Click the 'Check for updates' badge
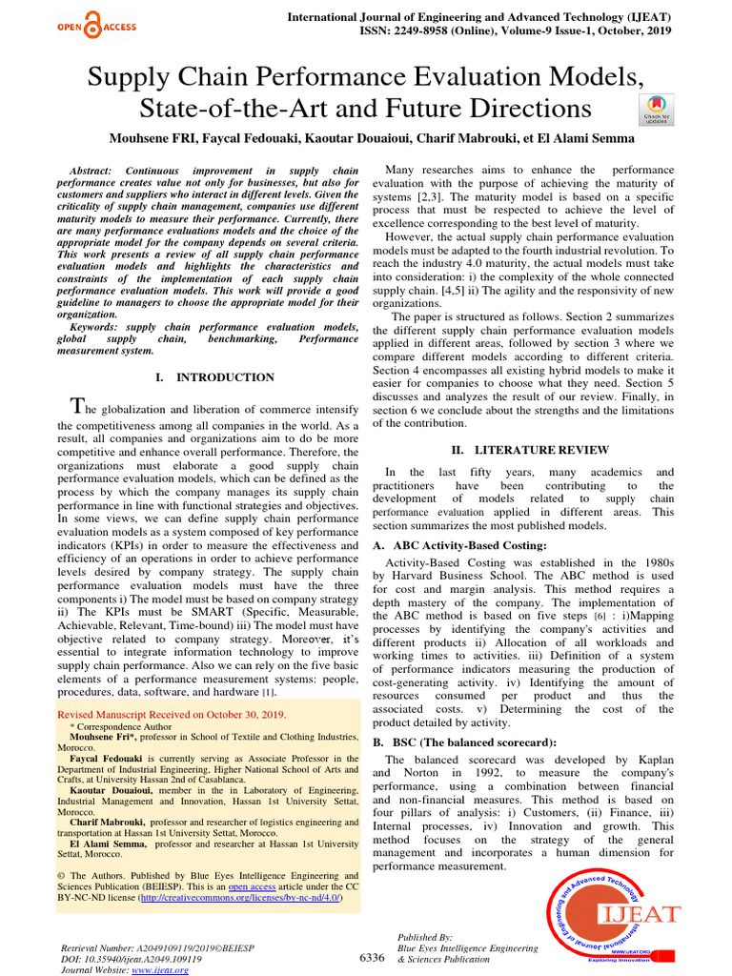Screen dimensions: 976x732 click(656, 109)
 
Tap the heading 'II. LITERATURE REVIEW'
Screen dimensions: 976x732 click(530, 449)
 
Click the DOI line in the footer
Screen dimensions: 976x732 click(131, 959)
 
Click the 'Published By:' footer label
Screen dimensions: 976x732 click(425, 938)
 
